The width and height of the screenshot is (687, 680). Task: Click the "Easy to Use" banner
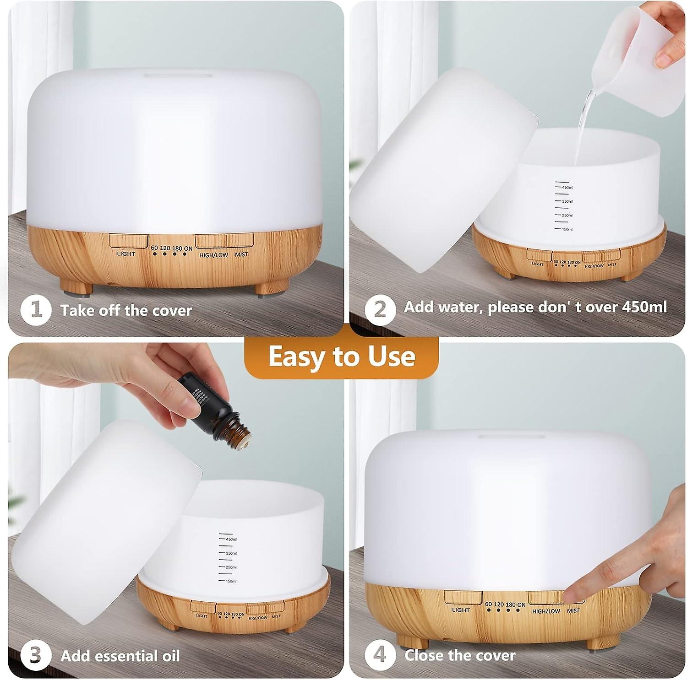342,357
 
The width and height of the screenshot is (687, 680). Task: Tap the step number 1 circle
35,310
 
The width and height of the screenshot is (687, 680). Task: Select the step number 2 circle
380,310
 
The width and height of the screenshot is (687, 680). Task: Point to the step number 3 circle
35,656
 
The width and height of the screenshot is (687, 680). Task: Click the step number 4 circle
380,655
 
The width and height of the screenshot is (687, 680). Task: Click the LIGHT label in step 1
126,254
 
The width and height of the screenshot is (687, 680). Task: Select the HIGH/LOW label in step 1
213,255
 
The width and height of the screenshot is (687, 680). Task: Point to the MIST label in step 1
241,254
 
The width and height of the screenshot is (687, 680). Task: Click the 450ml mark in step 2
567,188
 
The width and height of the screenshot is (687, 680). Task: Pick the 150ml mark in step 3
231,581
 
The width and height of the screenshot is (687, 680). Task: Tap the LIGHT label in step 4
461,610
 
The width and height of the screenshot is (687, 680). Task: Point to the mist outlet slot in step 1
178,75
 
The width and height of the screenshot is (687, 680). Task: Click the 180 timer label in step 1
177,248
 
